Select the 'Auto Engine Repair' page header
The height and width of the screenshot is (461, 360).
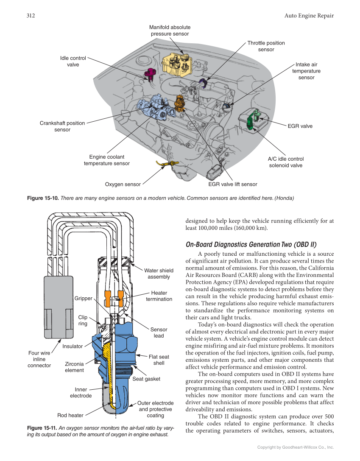click(309, 16)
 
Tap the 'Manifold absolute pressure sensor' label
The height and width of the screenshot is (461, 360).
click(170, 31)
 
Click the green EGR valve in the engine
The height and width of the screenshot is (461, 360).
click(253, 119)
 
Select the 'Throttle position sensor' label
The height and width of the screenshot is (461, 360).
click(266, 46)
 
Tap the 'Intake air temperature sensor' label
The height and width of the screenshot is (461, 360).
click(306, 71)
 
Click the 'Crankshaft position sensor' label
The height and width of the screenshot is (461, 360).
click(62, 126)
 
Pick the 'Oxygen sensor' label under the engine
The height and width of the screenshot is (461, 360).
click(123, 184)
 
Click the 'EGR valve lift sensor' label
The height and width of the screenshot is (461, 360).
click(232, 184)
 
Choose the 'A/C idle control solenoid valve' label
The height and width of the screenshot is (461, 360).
click(285, 162)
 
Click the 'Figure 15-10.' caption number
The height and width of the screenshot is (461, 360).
click(43, 198)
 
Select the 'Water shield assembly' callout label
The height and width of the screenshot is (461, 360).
click(159, 274)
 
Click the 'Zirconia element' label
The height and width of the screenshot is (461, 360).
click(74, 367)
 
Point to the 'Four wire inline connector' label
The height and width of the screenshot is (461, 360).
click(39, 359)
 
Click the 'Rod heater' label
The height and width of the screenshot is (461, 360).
click(70, 415)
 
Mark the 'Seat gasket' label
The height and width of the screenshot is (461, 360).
click(146, 379)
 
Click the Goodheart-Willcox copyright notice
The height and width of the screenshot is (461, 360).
click(296, 447)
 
